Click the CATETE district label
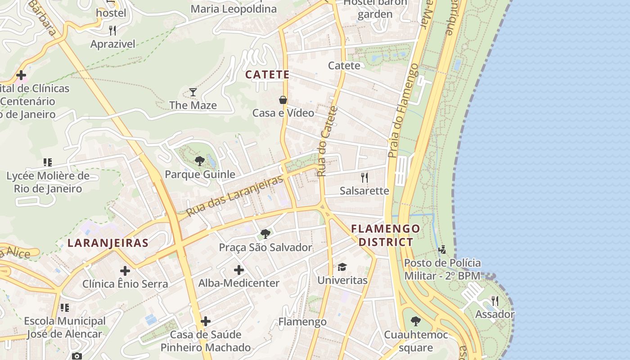267,75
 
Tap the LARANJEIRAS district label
108,243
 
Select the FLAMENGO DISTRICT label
386,235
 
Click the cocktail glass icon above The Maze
193,92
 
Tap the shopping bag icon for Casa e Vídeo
283,99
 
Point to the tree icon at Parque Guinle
199,161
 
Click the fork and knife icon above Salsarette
364,178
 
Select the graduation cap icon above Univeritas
342,267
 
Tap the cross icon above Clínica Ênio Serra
125,271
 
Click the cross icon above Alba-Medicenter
239,270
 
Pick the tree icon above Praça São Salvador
265,234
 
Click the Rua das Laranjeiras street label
235,195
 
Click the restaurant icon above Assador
495,301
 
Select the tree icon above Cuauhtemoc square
416,321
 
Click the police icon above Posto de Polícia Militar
442,249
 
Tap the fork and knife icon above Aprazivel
112,31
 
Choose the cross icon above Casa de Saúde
206,321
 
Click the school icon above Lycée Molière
48,162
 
